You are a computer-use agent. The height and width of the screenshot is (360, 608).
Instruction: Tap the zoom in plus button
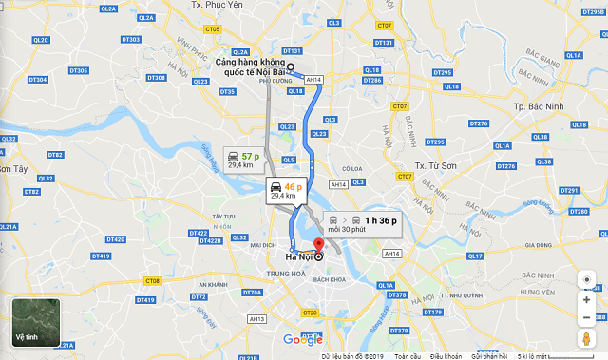click(586, 300)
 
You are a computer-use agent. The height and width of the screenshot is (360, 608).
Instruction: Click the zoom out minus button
click(586, 317)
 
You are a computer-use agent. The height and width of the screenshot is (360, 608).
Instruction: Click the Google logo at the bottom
click(303, 340)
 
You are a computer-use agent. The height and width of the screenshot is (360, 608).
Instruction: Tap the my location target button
click(586, 279)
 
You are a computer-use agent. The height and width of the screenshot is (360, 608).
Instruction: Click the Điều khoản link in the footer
click(445, 355)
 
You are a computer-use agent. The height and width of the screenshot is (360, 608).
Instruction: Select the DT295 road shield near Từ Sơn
click(435, 142)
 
